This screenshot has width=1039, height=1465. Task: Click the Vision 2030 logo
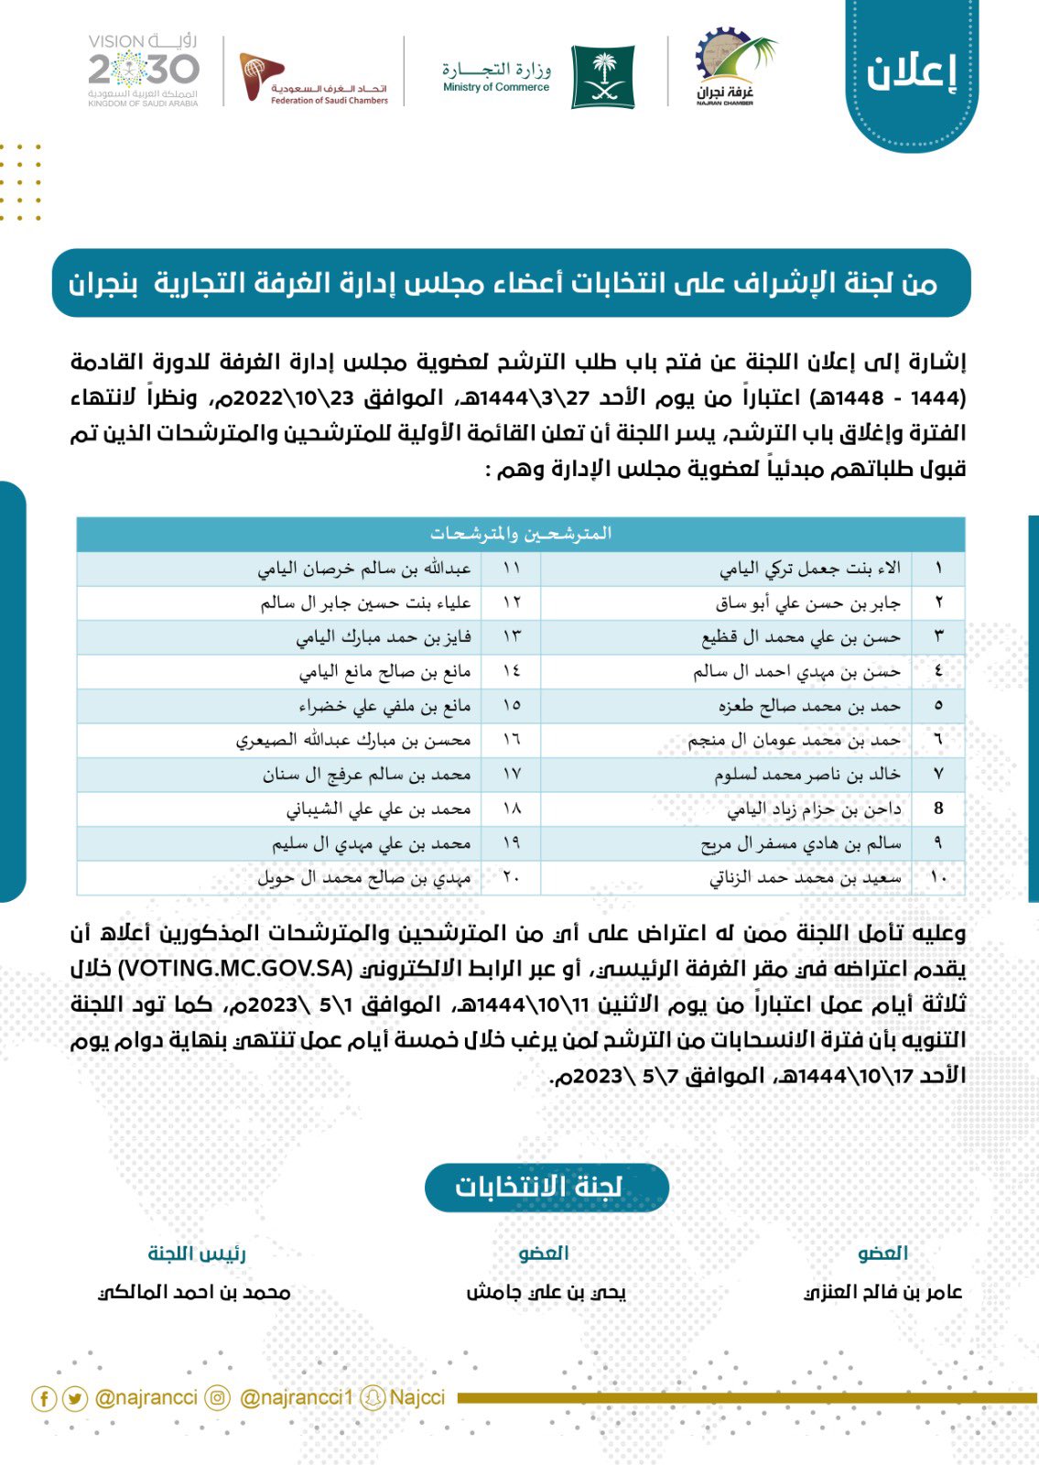coord(144,71)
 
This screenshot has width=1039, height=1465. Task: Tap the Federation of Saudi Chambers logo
coord(314,79)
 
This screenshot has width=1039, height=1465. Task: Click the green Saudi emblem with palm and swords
coord(603,78)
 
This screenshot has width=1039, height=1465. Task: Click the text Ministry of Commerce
coord(496,88)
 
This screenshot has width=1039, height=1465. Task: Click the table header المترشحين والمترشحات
coord(520,533)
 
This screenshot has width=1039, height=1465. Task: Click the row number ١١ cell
coord(511,569)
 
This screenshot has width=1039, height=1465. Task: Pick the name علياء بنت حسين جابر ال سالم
coord(365,602)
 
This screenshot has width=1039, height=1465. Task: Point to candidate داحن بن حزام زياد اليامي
coord(814,808)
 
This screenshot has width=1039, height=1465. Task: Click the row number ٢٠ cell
coord(511,877)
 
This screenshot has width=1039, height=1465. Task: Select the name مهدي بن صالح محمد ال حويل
coord(363,877)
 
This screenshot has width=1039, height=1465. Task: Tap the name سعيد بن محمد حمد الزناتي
coord(805,877)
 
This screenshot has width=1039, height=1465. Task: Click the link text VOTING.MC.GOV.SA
coord(235,969)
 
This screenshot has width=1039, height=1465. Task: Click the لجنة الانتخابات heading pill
coord(547,1187)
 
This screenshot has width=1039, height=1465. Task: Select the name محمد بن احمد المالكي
coord(195,1292)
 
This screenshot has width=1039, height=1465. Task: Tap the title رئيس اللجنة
coord(197,1253)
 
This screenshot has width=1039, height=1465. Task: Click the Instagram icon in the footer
coord(218,1398)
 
